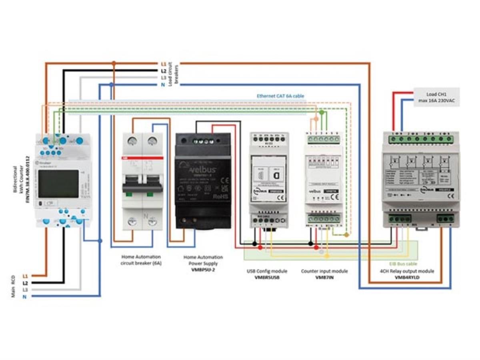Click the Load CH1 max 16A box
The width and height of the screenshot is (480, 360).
click(x=436, y=97)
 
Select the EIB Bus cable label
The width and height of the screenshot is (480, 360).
click(x=403, y=264)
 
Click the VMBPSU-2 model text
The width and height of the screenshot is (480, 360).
click(x=203, y=270)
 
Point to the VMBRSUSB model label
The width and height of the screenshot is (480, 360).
click(x=267, y=277)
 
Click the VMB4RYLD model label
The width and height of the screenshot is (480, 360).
click(x=407, y=277)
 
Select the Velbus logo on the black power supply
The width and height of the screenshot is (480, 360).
click(x=203, y=170)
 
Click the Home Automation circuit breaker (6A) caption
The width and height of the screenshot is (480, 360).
click(x=140, y=260)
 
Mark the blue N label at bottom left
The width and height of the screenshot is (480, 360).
click(x=25, y=296)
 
